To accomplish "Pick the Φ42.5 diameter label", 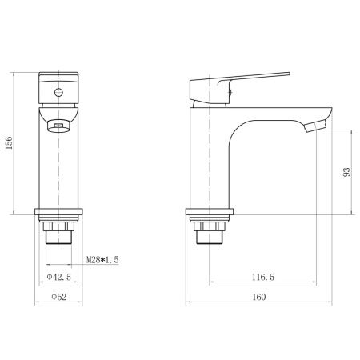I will pyautogui.click(x=61, y=277).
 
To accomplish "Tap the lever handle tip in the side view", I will pyautogui.click(x=283, y=74).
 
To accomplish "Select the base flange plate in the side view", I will pyautogui.click(x=210, y=214).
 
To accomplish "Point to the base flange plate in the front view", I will pyautogui.click(x=60, y=214).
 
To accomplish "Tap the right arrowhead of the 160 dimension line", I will pyautogui.click(x=329, y=304).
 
